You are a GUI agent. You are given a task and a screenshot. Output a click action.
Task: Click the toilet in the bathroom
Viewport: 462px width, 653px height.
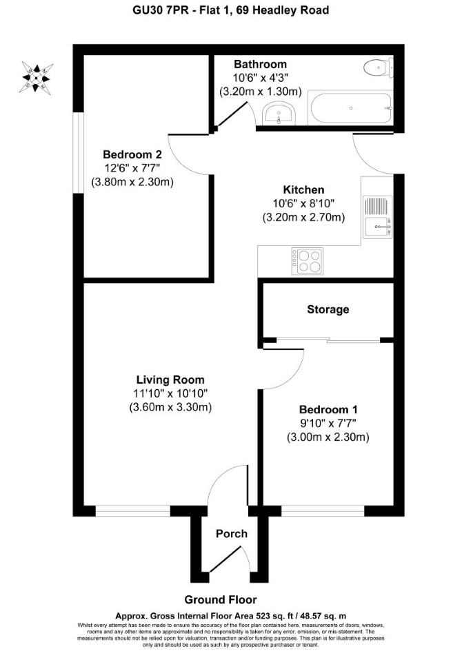(x=378, y=67)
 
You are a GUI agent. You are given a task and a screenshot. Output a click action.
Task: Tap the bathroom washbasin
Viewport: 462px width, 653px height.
(x=279, y=114)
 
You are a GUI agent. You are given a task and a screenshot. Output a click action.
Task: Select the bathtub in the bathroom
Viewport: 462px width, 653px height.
(x=351, y=108)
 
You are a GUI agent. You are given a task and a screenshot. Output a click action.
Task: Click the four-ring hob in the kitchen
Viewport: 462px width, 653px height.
(x=308, y=261)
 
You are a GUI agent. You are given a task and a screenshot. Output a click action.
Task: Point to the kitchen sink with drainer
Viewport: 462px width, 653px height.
(x=377, y=217)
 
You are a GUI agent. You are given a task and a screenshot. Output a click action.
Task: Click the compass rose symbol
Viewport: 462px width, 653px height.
(x=37, y=78)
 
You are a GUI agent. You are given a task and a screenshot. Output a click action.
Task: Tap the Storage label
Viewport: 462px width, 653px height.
(x=328, y=309)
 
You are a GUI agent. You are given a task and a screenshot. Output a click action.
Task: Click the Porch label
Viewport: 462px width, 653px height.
(x=232, y=533)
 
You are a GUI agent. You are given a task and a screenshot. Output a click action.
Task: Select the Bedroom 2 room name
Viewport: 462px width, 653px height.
(x=132, y=154)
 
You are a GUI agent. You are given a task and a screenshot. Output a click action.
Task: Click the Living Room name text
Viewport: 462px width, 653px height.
(x=170, y=380)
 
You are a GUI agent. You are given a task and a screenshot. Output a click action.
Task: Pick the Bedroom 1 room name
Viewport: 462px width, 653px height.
(x=328, y=409)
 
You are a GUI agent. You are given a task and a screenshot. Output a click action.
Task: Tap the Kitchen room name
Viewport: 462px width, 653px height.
(x=303, y=190)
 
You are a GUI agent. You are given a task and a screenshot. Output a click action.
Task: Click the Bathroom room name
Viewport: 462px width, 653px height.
(x=260, y=64)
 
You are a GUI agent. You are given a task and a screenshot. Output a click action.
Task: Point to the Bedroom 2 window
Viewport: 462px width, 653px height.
(x=79, y=152)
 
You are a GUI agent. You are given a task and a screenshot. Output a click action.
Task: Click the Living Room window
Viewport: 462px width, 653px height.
(x=133, y=510)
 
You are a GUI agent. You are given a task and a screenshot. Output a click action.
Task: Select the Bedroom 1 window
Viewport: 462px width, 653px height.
(x=323, y=510)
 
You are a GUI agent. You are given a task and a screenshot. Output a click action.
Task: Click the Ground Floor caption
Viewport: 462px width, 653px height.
(x=221, y=600)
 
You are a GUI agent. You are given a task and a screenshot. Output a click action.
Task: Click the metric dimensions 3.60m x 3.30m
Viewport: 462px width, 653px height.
(x=170, y=407)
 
